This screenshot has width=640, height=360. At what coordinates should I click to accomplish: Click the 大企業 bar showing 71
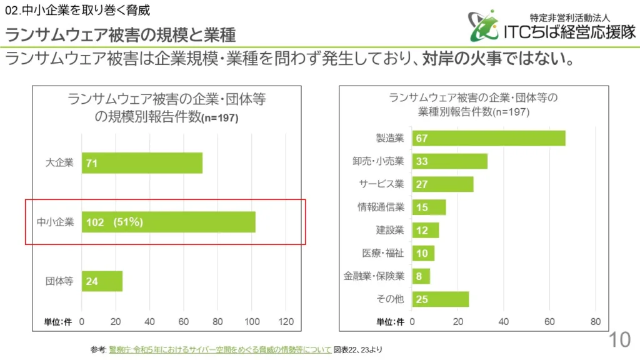[x=142, y=163]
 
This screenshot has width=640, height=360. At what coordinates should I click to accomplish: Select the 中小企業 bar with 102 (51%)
[x=168, y=222]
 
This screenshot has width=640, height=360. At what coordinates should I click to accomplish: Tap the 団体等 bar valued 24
[x=102, y=281]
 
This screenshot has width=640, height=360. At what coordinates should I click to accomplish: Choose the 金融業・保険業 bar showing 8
[x=421, y=276]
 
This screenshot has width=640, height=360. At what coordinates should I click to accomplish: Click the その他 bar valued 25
[x=440, y=299]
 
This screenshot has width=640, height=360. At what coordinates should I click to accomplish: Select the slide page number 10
[x=620, y=340]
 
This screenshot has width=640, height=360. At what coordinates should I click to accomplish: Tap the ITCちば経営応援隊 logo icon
[x=485, y=26]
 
